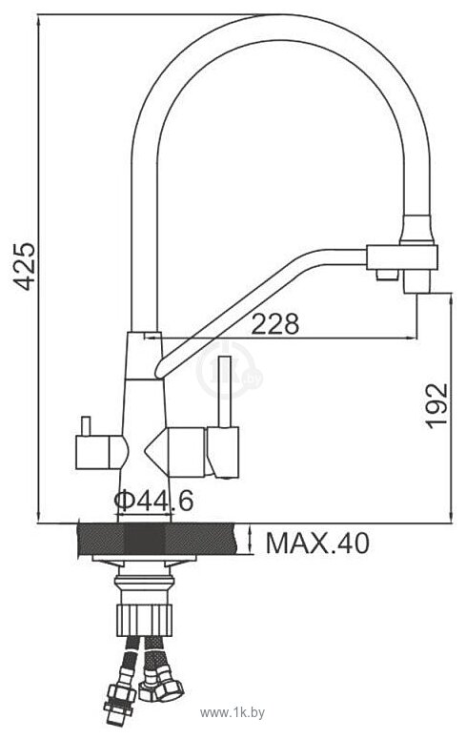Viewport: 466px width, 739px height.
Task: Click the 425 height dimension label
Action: [23, 266]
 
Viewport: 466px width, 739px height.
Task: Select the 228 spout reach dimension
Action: [275, 323]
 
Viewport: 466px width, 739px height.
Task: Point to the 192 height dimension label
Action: [436, 406]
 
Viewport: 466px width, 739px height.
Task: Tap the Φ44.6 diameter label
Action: [153, 501]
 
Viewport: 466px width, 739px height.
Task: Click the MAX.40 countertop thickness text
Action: [317, 544]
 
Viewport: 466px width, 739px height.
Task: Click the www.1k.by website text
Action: [233, 712]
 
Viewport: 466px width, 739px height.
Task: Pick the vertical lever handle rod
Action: [224, 392]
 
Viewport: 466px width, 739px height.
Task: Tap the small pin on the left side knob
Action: [85, 426]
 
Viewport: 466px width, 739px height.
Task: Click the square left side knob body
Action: [92, 452]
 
